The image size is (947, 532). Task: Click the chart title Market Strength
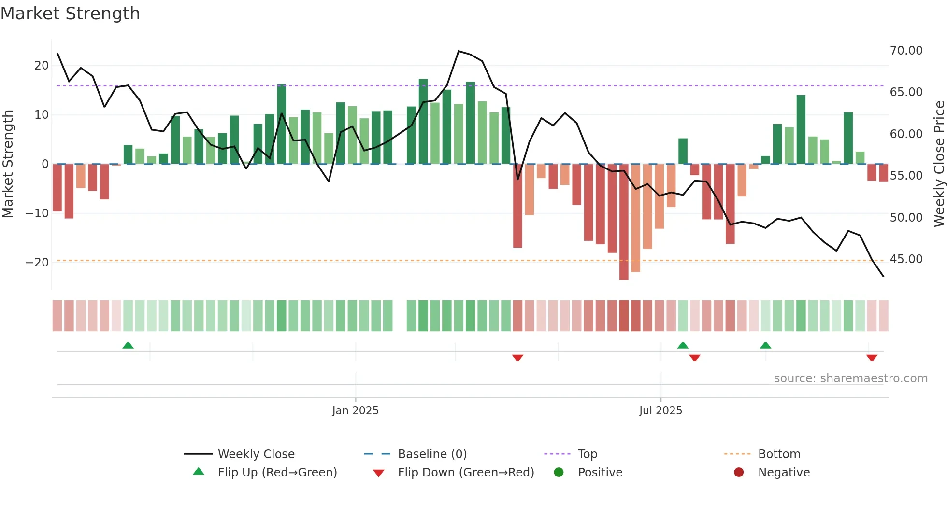click(70, 14)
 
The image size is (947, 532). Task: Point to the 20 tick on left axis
click(42, 66)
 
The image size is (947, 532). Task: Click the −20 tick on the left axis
click(37, 263)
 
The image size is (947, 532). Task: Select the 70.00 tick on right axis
click(906, 51)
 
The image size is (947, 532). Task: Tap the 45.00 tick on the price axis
click(906, 259)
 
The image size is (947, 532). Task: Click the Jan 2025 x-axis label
click(355, 411)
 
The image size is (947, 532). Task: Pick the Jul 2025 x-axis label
click(660, 411)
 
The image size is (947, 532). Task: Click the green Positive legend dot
click(559, 473)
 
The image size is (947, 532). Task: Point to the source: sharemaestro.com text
click(850, 378)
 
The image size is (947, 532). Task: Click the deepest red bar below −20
click(624, 222)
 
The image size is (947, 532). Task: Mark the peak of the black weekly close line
click(459, 51)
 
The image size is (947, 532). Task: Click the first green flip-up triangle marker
click(128, 346)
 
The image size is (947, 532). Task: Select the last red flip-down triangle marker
click(872, 358)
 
